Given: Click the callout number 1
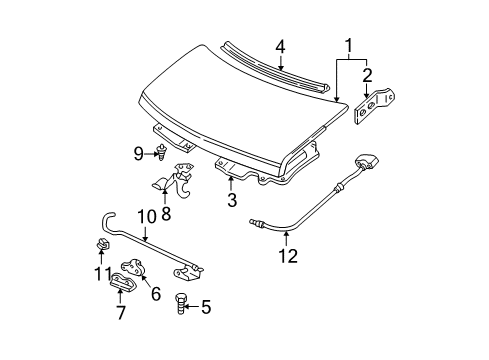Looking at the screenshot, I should click(x=349, y=46).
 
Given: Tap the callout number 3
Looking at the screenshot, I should click(x=231, y=199).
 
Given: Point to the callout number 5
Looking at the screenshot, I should click(x=207, y=308).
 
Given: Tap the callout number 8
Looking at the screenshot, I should click(x=166, y=212).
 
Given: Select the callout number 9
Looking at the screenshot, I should click(x=138, y=153).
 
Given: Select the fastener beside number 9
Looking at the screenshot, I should click(x=160, y=152).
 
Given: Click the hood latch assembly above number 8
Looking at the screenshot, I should click(x=173, y=180).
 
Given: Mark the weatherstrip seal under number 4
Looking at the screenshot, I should click(x=275, y=70).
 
